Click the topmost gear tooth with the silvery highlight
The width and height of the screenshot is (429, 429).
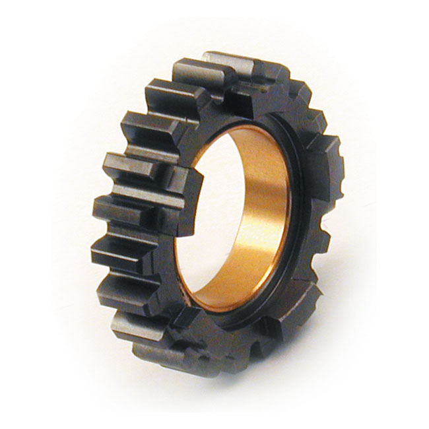(x=228, y=66)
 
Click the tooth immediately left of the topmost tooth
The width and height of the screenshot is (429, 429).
(x=173, y=92)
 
